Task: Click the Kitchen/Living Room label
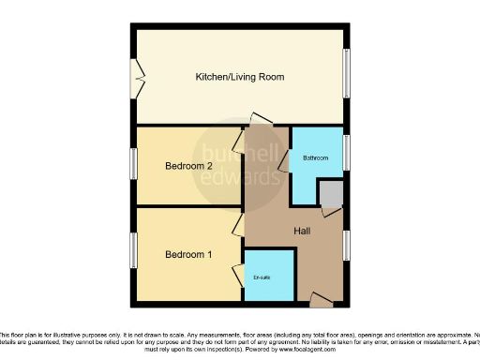tap(239, 76)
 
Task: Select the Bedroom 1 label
tap(189, 254)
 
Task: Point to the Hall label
tap(303, 231)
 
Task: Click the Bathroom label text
tap(315, 158)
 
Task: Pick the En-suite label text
tap(263, 277)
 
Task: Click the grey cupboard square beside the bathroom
tap(330, 193)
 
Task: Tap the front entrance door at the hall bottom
tap(321, 300)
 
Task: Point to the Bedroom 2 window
tap(132, 165)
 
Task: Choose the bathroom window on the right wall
tap(347, 150)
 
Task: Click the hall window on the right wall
tap(347, 246)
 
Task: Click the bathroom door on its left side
tap(284, 174)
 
